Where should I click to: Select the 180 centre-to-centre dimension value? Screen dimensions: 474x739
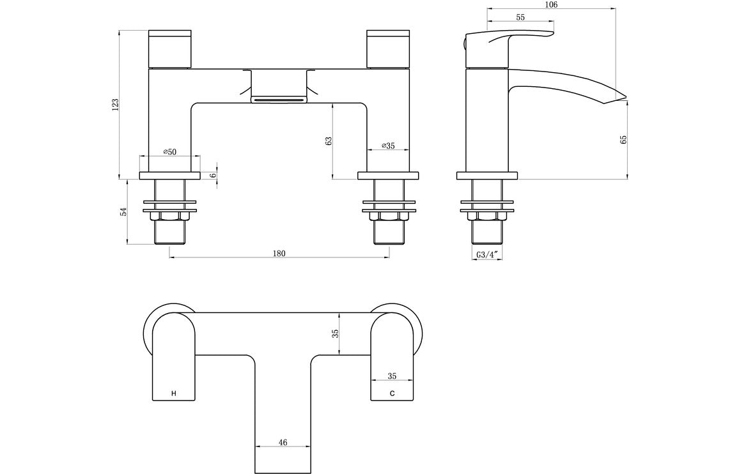click(x=279, y=253)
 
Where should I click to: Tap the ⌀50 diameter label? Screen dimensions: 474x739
click(x=170, y=151)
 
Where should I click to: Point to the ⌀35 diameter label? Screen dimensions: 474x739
click(x=388, y=146)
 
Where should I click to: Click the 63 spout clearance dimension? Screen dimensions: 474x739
click(x=329, y=141)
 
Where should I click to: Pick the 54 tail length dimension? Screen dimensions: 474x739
click(x=124, y=211)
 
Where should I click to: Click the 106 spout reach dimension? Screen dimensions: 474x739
click(x=551, y=4)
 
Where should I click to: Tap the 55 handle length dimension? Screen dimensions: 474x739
click(x=520, y=17)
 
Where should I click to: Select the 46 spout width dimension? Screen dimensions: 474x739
click(x=283, y=441)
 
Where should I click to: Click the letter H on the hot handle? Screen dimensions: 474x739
click(x=173, y=394)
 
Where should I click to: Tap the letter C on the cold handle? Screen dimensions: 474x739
click(x=393, y=394)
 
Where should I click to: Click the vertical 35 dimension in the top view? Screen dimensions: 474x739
click(x=334, y=333)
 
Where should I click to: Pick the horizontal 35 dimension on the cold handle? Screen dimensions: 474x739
click(x=393, y=377)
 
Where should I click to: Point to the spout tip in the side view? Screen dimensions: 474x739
click(x=621, y=98)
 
